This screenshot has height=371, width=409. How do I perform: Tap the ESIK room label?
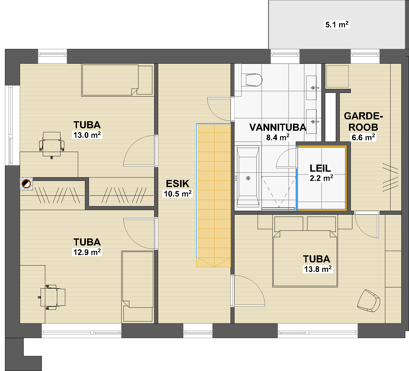178,183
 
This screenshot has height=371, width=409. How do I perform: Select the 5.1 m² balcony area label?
337,25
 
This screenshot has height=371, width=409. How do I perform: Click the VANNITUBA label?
278,127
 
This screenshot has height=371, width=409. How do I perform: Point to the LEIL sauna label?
320,168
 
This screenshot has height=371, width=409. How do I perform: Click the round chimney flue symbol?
26,184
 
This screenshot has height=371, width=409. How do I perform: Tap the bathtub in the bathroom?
248,175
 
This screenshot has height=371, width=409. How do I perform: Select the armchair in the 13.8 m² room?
369,301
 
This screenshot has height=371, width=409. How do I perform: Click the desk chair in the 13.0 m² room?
52,144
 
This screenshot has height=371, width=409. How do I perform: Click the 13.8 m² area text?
318,269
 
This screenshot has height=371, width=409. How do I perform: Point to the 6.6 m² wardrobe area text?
363,138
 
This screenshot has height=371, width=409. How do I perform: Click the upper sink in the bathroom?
311,88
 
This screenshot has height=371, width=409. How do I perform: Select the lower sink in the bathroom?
311,122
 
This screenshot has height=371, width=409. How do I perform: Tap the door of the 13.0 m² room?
140,151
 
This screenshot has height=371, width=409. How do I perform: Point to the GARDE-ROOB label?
363,122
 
